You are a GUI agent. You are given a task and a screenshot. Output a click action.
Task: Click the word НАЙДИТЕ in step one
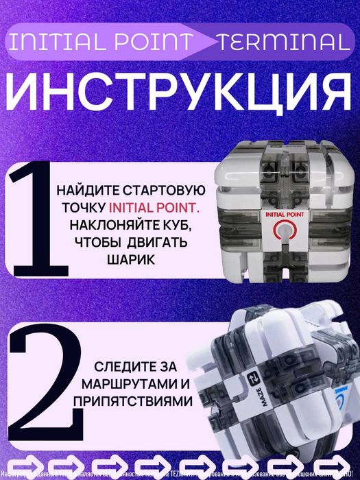[x=86, y=190]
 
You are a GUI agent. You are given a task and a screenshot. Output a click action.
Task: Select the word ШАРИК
[x=128, y=261]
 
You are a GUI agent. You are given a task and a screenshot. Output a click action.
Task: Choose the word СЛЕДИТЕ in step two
[x=112, y=365]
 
